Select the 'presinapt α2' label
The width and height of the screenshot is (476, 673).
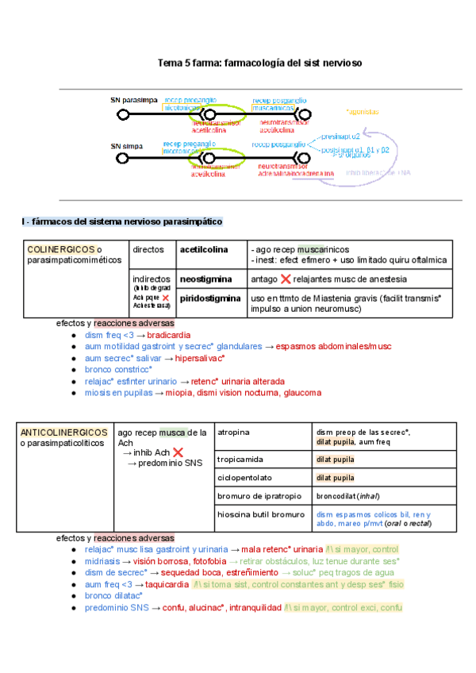(x=341, y=137)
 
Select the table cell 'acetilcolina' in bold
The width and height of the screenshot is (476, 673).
(x=204, y=249)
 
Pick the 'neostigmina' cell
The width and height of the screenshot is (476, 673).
(x=205, y=279)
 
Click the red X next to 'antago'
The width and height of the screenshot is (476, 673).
(x=286, y=279)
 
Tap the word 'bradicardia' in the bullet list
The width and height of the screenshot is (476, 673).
(x=169, y=335)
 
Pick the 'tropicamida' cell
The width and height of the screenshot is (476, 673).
(x=240, y=460)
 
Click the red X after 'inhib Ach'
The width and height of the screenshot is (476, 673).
(x=178, y=452)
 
